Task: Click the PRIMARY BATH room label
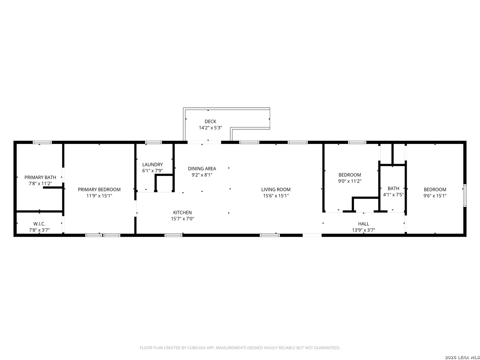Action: [x=40, y=177]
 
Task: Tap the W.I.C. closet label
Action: [x=39, y=224]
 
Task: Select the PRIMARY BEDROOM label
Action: [x=99, y=190]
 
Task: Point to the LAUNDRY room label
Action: [x=153, y=165]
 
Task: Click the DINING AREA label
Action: [x=202, y=169]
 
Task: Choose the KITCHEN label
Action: [x=183, y=212]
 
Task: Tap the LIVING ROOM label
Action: [x=276, y=190]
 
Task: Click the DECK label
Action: [x=210, y=122]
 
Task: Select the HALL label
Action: [x=364, y=224]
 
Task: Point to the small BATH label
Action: [x=393, y=188]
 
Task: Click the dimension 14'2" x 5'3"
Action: [x=210, y=128]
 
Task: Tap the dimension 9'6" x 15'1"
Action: [x=435, y=196]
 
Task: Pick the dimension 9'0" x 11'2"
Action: [x=350, y=181]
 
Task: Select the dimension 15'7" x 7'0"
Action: [x=183, y=219]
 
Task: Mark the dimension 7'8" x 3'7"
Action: [x=39, y=230]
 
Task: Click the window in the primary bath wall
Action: [x=42, y=143]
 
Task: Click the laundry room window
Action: [x=154, y=143]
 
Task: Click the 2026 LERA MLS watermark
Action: [x=462, y=357]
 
